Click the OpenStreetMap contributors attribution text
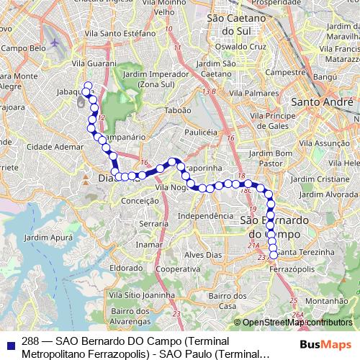pyautogui.click(x=297, y=323)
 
